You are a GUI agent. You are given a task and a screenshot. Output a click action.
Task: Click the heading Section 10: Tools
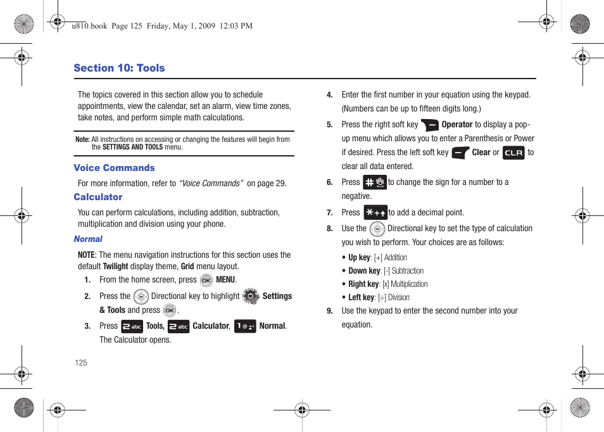tap(119, 68)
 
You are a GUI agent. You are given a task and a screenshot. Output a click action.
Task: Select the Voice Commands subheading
tap(114, 168)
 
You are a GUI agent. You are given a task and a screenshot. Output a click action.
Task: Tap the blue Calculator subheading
tap(98, 197)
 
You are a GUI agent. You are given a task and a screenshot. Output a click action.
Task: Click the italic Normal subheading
tap(88, 239)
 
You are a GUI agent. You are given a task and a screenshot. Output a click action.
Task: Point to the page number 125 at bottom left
tap(80, 363)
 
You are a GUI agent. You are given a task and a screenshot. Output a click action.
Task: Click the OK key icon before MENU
tap(206, 280)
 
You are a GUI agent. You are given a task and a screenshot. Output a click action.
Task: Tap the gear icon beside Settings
tap(251, 296)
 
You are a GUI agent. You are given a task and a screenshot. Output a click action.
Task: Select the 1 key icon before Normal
tap(245, 326)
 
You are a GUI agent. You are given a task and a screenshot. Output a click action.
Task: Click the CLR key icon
tap(513, 153)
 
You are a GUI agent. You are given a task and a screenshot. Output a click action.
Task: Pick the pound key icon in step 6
tap(375, 182)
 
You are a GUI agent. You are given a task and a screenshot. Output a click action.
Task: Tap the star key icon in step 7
tap(375, 213)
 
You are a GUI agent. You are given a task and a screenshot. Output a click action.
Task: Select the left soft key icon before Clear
tap(460, 153)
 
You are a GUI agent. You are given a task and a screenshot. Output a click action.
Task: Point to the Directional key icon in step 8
tap(377, 229)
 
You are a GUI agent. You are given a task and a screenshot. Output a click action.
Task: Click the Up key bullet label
tap(359, 258)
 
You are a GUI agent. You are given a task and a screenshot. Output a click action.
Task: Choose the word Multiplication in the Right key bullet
tap(409, 284)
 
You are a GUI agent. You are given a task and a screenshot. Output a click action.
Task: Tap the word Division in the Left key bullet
tap(398, 298)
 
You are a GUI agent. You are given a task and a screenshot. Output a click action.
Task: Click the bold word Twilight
tap(115, 267)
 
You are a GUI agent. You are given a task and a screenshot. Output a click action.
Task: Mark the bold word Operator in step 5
tap(457, 125)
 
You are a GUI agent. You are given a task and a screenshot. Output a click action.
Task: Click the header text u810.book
tap(90, 26)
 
